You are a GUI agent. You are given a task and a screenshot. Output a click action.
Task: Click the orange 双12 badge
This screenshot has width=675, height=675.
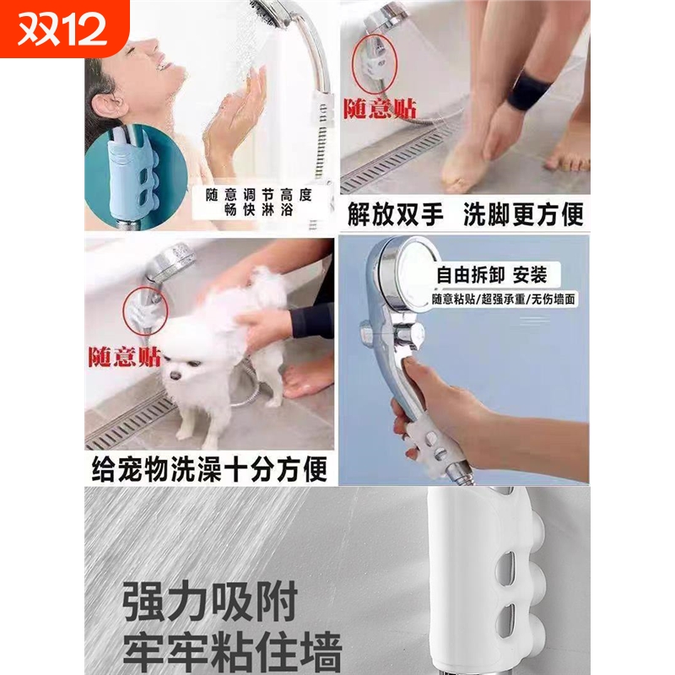[63, 28]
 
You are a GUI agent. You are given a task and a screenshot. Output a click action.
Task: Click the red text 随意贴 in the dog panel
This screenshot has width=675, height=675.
[125, 356]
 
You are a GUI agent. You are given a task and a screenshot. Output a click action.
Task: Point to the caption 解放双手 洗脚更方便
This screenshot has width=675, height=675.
[465, 213]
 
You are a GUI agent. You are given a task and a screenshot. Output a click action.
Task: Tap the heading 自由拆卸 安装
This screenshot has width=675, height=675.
[491, 275]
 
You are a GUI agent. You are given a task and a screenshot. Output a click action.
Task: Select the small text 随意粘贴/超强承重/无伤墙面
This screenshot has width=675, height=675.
[504, 299]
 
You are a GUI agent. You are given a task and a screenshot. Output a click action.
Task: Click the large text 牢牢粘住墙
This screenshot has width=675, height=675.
[232, 653]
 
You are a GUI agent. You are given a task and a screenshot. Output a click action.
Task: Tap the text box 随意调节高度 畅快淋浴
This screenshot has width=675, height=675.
[259, 202]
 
